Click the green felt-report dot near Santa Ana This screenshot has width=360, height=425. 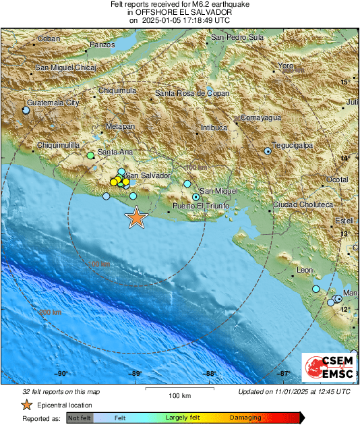coord(90,156)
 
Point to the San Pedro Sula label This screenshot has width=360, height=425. coord(237,37)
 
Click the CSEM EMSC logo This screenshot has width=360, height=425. coord(325,368)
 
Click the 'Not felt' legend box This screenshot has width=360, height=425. coord(79,418)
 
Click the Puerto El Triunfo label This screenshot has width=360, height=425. coord(202,205)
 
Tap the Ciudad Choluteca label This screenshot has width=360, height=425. coord(303,204)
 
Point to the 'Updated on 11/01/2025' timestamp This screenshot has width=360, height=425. coord(294,392)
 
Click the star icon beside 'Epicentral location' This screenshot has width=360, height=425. coord(26,405)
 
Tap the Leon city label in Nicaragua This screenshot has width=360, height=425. coord(305,270)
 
